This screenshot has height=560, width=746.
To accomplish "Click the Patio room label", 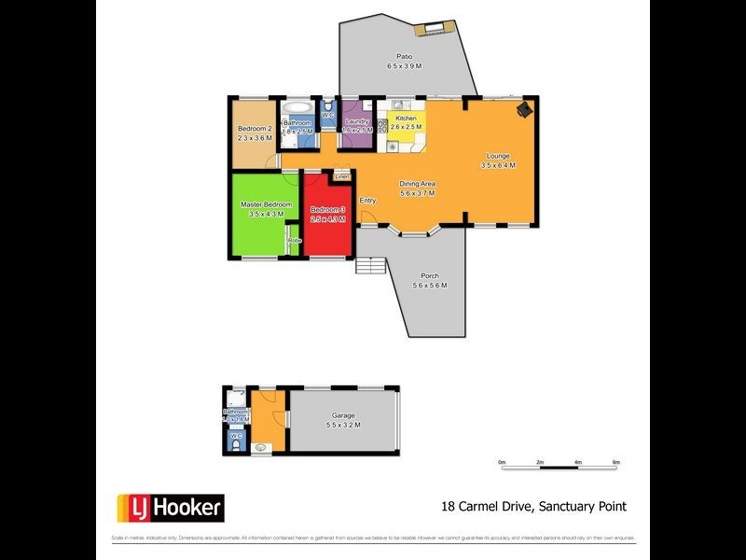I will click(x=405, y=56).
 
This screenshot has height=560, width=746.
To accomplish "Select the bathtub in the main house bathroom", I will click(x=297, y=105).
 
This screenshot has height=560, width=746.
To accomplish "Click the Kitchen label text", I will click(x=407, y=119).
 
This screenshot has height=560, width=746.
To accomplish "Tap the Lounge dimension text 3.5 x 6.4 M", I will click(x=498, y=165).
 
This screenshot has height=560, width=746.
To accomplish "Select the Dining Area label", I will click(x=405, y=183).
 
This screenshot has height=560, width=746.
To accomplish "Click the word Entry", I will click(x=368, y=201).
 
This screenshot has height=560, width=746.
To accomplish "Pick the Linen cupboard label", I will click(x=342, y=175).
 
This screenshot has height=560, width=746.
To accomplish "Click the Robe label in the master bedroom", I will click(x=295, y=241).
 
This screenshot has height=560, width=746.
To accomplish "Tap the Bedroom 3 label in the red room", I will click(x=328, y=209).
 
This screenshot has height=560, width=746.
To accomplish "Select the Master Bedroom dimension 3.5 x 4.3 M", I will click(x=266, y=215).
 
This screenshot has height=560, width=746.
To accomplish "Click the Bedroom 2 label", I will click(x=255, y=129).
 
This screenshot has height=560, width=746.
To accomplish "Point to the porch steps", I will click(x=370, y=266).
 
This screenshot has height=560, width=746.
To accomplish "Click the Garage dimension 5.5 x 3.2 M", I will click(x=343, y=426).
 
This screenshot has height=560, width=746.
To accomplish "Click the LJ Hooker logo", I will click(x=170, y=508).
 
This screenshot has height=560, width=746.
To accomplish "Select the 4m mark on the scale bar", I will click(x=578, y=463).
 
